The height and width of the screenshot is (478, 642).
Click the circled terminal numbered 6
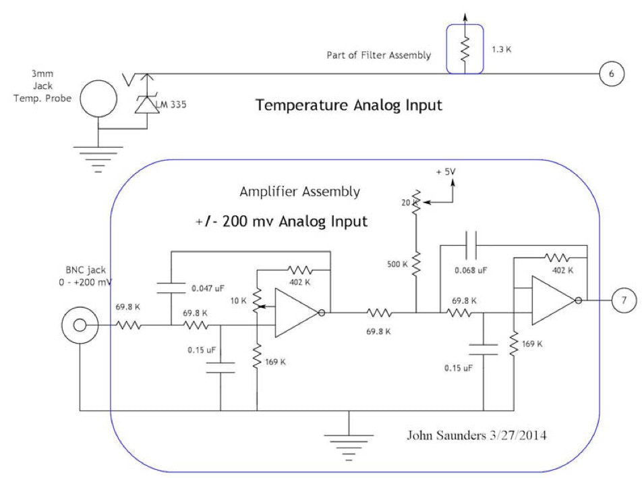tap(611, 74)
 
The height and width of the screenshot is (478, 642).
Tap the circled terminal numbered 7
tap(624, 298)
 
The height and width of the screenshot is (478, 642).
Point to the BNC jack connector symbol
tap(80, 325)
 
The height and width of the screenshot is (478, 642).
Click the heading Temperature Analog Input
tap(350, 105)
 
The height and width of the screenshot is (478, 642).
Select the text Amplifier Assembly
tap(299, 192)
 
